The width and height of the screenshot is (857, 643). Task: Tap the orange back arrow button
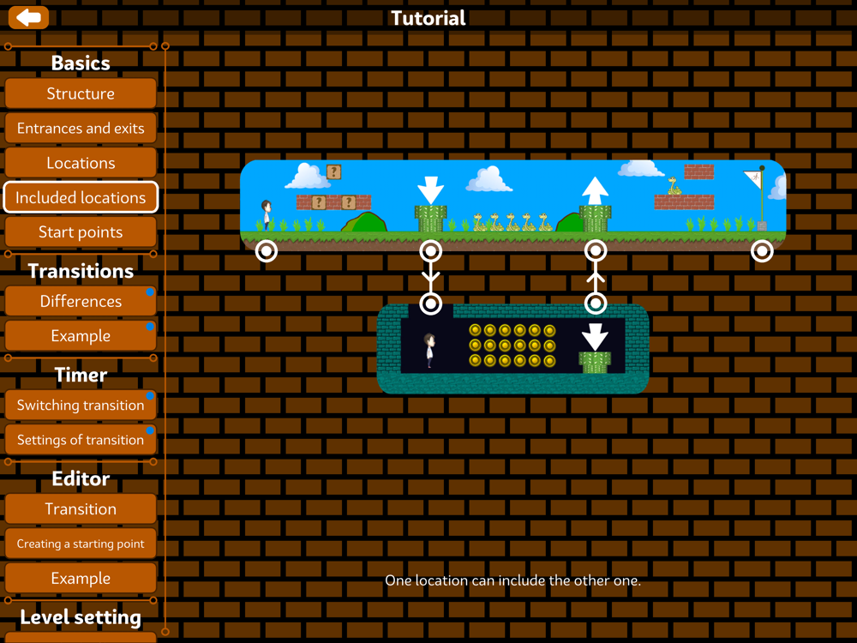pos(28,17)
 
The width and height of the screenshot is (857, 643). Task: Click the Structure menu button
pos(81,93)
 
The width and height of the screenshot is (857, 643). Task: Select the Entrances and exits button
pos(81,129)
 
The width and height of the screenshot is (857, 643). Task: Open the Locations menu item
pos(81,163)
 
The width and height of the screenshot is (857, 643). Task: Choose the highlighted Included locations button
pos(81,197)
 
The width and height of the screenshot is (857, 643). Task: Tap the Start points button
pos(81,232)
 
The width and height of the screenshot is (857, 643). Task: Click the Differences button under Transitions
pos(81,301)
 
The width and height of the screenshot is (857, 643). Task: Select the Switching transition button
pos(81,405)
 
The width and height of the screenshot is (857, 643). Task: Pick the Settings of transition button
pos(81,440)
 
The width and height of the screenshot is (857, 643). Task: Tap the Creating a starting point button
pos(81,544)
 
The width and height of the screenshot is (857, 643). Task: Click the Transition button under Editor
pos(81,509)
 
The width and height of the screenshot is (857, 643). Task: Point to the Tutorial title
pos(428,18)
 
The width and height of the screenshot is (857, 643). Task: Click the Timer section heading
pos(81,375)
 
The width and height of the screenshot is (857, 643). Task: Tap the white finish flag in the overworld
pos(753,179)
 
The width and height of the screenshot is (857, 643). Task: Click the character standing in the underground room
pos(430,351)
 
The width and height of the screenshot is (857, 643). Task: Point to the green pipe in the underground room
pos(595,362)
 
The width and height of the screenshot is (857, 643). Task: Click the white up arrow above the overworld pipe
pos(595,189)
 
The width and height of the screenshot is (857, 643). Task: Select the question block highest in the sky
pos(333,172)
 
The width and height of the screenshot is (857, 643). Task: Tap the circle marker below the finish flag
pos(762,250)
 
